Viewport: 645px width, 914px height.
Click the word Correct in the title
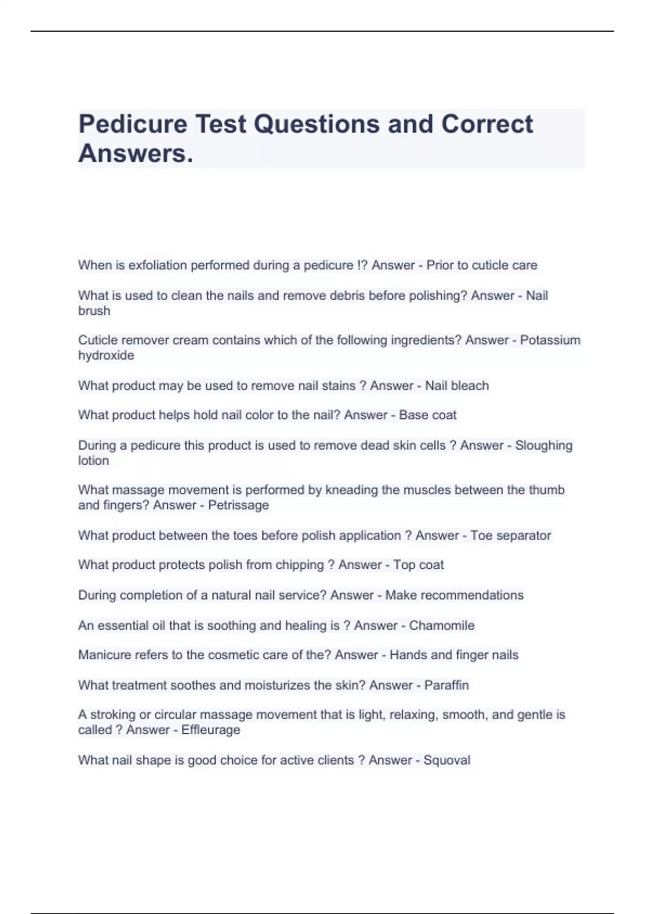click(487, 124)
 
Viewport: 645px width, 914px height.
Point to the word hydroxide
click(106, 355)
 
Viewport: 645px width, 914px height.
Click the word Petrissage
click(238, 505)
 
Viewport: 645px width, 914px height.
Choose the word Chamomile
click(441, 626)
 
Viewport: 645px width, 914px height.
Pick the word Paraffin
click(446, 685)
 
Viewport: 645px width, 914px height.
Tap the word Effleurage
click(210, 730)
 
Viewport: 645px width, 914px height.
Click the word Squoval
click(447, 760)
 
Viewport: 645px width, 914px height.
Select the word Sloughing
click(543, 446)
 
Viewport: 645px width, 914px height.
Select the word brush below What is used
click(94, 311)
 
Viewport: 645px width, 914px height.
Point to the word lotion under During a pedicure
click(94, 461)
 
